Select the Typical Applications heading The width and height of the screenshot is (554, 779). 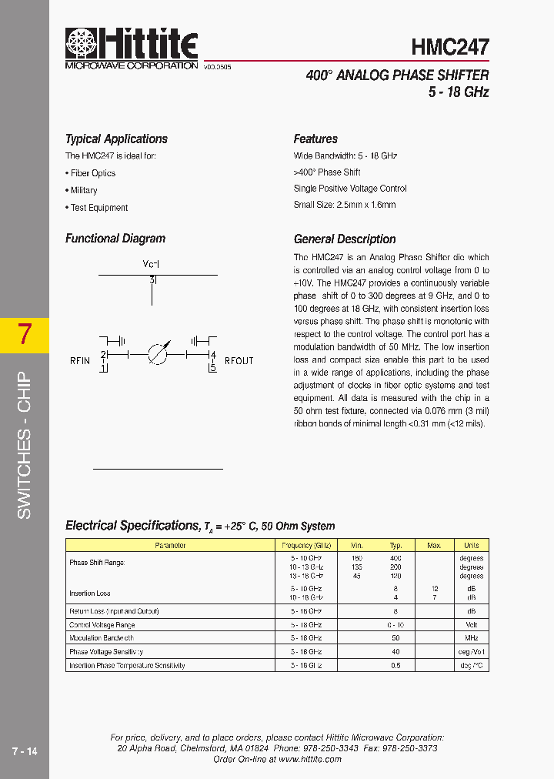[x=116, y=139]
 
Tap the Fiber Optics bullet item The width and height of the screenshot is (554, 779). [x=91, y=173]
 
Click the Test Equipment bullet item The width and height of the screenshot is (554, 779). [x=97, y=208]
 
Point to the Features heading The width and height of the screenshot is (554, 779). [x=315, y=139]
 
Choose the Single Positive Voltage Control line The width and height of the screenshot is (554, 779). [x=350, y=189]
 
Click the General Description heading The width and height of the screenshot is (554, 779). [x=345, y=239]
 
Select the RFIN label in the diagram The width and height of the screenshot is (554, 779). [x=79, y=361]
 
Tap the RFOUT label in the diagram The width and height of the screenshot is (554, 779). [x=239, y=361]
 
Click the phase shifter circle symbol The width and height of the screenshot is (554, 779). [x=157, y=354]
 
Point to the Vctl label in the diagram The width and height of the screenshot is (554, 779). [x=151, y=264]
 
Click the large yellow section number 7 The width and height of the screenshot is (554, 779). [x=25, y=335]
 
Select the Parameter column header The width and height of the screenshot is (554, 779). [x=170, y=546]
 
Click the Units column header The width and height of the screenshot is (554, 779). [x=471, y=546]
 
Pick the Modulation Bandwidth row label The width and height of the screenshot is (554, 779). [x=102, y=638]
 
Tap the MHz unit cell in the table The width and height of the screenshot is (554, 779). [x=471, y=638]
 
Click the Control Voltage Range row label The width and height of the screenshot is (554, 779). [x=102, y=625]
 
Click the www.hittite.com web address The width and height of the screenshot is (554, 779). [x=309, y=759]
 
